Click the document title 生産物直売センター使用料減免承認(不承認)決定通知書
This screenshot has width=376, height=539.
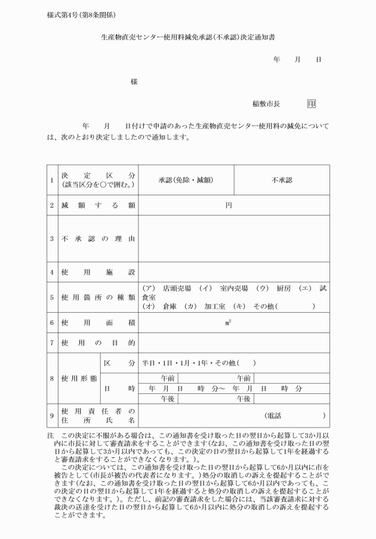click(x=188, y=37)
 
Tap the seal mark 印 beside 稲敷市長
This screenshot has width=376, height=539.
click(x=312, y=103)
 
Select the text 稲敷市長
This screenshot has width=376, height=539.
click(x=266, y=103)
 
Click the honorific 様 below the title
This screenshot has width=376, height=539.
click(x=134, y=82)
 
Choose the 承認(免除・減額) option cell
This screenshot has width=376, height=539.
click(x=186, y=180)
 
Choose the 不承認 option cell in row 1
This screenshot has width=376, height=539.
click(x=282, y=180)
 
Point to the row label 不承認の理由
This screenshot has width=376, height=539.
click(x=98, y=239)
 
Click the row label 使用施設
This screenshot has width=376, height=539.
click(x=98, y=272)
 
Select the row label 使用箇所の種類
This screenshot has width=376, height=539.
click(x=98, y=297)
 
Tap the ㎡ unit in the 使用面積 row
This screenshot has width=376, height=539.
click(x=228, y=322)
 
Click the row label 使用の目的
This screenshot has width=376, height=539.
click(x=98, y=343)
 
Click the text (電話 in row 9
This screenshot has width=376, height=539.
click(x=274, y=415)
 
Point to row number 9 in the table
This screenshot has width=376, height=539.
click(x=52, y=415)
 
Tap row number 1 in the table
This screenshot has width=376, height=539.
click(x=52, y=180)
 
